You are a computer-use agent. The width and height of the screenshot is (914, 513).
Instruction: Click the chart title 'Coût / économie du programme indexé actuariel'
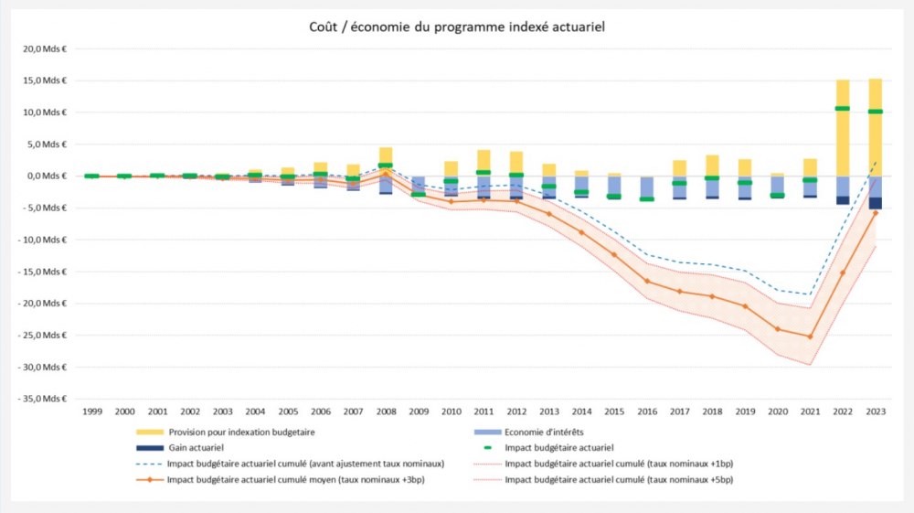[x=457, y=27]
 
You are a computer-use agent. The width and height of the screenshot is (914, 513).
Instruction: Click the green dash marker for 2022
[x=843, y=109]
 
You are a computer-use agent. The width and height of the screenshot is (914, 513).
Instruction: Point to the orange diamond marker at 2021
[x=810, y=337]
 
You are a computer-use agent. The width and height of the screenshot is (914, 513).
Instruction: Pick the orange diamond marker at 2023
[x=876, y=213]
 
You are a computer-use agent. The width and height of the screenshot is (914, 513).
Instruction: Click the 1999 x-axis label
[x=91, y=412]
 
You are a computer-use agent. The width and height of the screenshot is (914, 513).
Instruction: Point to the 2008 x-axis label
[x=386, y=412]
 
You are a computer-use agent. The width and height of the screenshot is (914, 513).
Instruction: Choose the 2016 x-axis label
[x=647, y=412]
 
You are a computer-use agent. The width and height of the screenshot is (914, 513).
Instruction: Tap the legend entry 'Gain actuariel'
[x=197, y=448]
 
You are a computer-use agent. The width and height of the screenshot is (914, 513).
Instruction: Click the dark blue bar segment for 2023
[x=876, y=203]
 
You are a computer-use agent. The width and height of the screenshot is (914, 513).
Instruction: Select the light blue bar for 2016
[x=647, y=187]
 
